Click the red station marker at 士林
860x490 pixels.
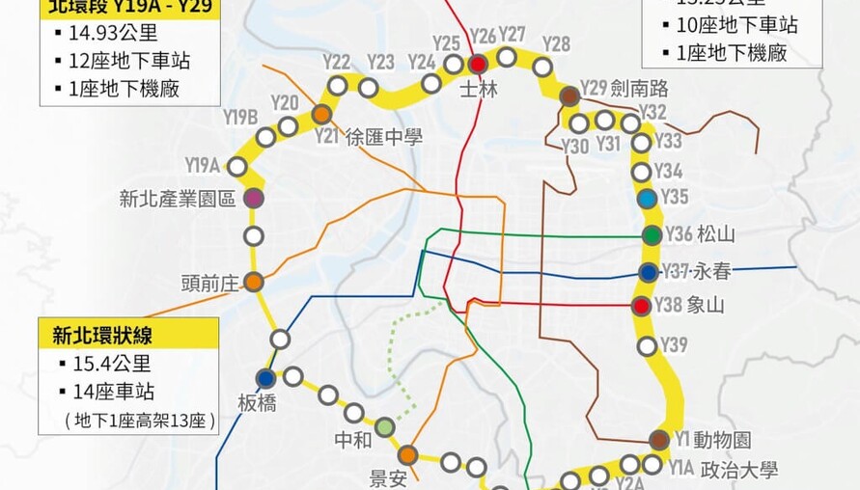(479, 65)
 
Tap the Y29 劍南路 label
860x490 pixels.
(624, 88)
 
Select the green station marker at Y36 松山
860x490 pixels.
(652, 234)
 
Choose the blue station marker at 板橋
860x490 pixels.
(265, 378)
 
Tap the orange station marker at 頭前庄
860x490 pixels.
(253, 283)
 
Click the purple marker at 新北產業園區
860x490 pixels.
(253, 198)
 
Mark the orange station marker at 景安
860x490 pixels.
(407, 454)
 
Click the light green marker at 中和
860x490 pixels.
(385, 426)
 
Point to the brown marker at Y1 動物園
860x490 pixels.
(659, 440)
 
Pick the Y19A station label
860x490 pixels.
(203, 165)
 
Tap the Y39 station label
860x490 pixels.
(675, 344)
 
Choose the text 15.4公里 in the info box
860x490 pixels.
(113, 365)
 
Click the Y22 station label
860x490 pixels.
(336, 63)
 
